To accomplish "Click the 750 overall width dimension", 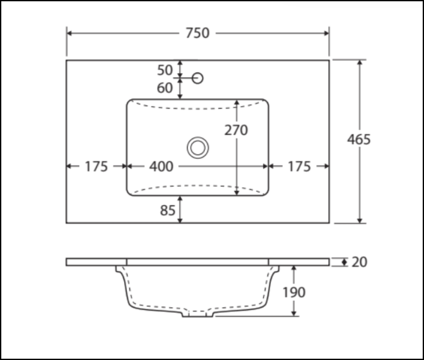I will pos(198,33).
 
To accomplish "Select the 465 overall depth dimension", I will pos(359,139).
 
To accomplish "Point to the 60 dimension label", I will pos(165,88).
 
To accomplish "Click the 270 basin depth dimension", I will pos(236,130).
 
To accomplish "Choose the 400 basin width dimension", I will pos(161,167).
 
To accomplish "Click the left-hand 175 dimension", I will pos(96,167).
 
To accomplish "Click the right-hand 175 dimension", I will pos(299,167).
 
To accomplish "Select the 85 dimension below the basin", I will pos(167,210).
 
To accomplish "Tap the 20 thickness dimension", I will pos(359,262).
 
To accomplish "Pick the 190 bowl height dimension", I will pos(293,292).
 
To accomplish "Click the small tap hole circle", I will pos(198,78).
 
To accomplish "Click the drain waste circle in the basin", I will pos(198,147).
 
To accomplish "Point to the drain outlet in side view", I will pos(198,315).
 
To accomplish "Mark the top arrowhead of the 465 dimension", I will pos(360,63).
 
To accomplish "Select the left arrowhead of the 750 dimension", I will pos(70,33).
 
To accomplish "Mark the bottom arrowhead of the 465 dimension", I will pos(360,220).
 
